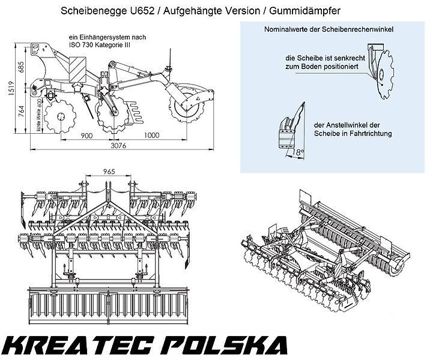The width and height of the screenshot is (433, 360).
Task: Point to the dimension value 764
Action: click(20, 112)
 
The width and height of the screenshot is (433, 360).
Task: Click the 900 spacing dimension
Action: click(87, 136)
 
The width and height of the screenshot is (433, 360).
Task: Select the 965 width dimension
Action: click(109, 170)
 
